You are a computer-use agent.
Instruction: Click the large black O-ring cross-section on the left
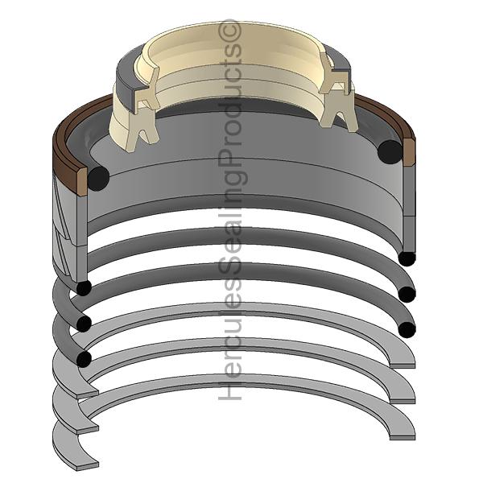point(98,179)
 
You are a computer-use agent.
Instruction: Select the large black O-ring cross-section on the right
point(390,152)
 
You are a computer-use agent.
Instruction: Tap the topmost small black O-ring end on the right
point(407,258)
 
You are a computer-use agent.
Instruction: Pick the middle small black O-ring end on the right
point(407,295)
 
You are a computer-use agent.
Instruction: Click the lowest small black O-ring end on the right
point(407,330)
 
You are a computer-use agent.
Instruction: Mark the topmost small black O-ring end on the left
point(84,288)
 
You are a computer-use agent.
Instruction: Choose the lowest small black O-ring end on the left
point(84,360)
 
